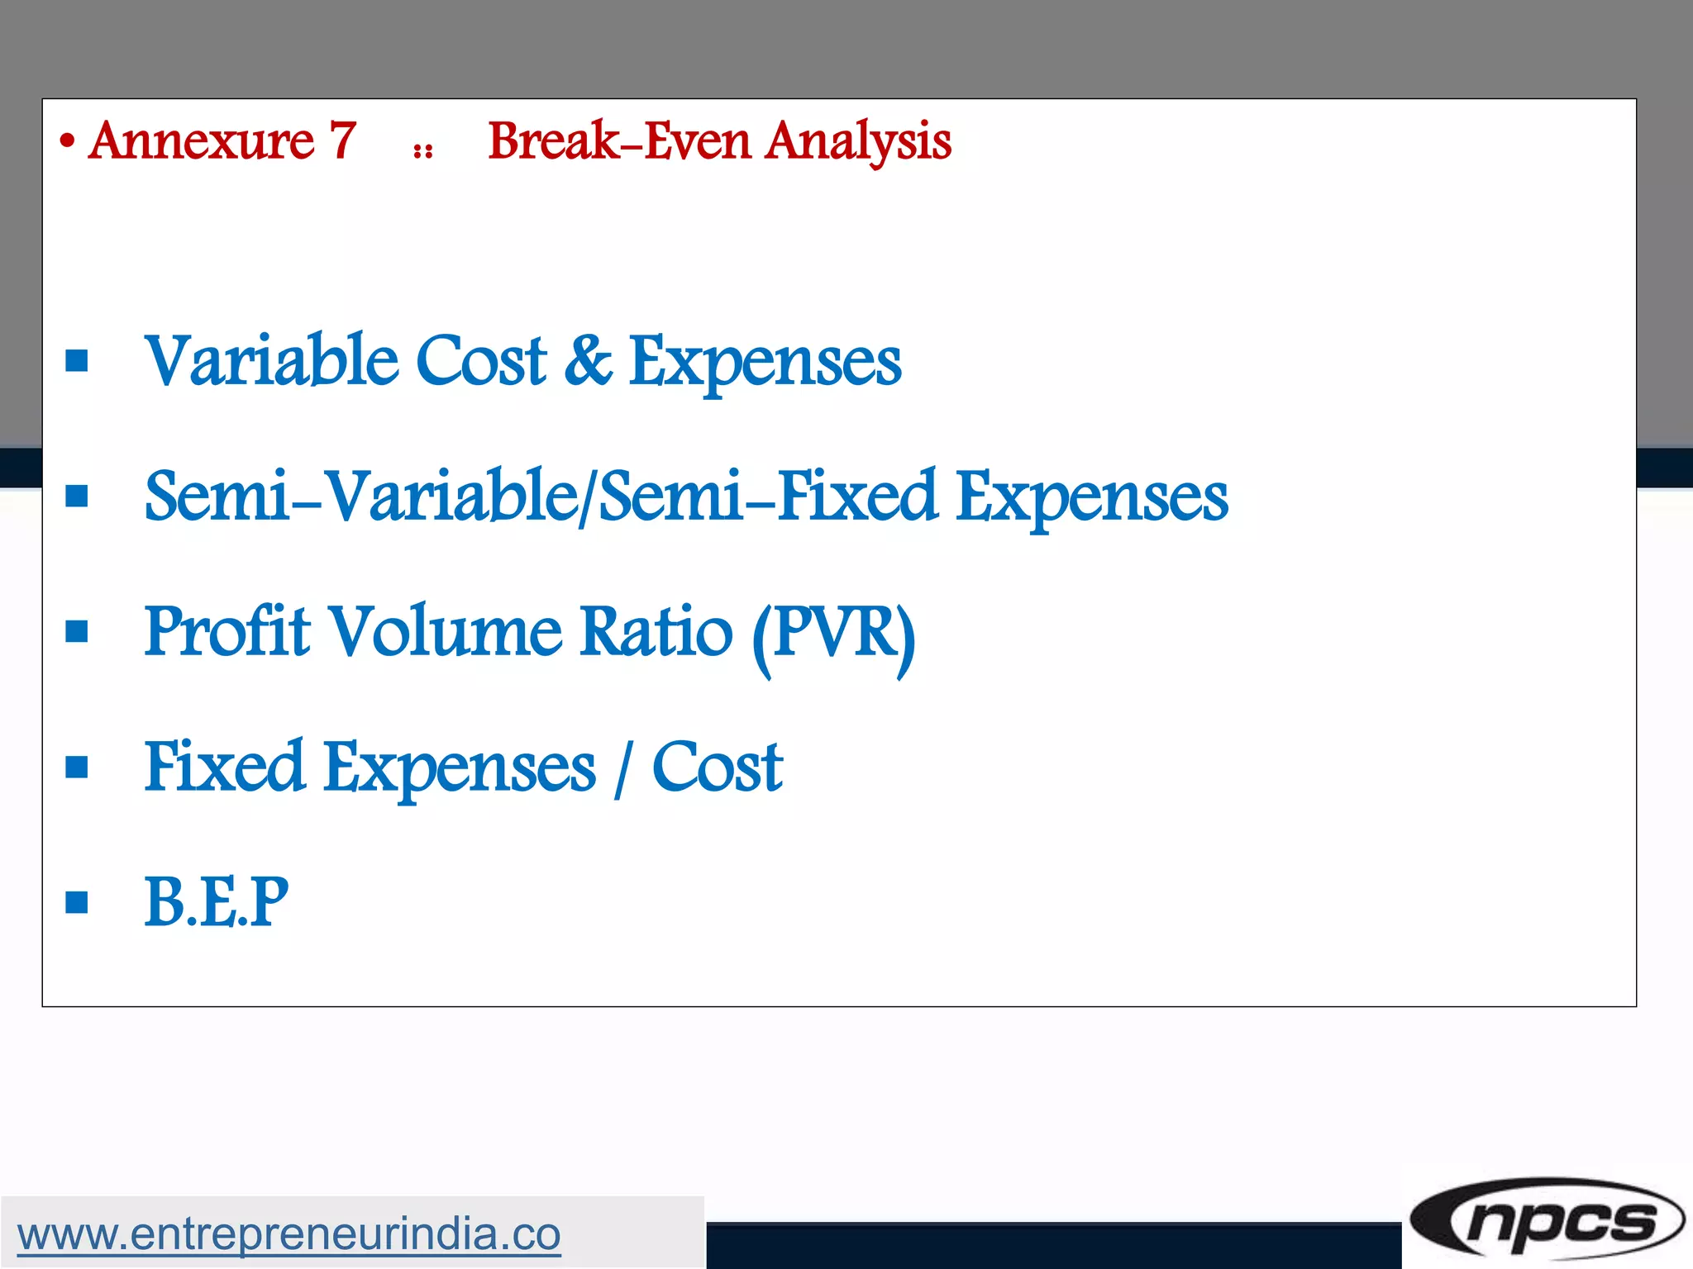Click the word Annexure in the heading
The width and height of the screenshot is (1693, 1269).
[202, 141]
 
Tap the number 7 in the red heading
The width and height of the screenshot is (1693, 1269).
[343, 141]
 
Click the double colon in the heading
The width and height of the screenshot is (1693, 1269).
[423, 151]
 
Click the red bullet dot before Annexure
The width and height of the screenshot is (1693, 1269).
[68, 142]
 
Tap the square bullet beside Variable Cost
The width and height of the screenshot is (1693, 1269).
[77, 361]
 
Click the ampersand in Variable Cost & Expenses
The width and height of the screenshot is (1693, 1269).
[588, 360]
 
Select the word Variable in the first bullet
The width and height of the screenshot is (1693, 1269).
[270, 360]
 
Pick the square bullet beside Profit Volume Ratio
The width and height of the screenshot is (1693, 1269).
[77, 631]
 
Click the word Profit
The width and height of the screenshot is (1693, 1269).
[227, 631]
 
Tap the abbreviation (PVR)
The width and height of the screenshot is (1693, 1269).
[833, 634]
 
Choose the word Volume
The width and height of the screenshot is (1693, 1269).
[446, 631]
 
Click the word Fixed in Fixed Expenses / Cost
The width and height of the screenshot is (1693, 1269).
[224, 767]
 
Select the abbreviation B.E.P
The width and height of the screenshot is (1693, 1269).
[217, 902]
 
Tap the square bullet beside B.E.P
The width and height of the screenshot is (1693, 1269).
[77, 902]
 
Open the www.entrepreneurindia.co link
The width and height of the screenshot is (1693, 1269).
[289, 1234]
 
